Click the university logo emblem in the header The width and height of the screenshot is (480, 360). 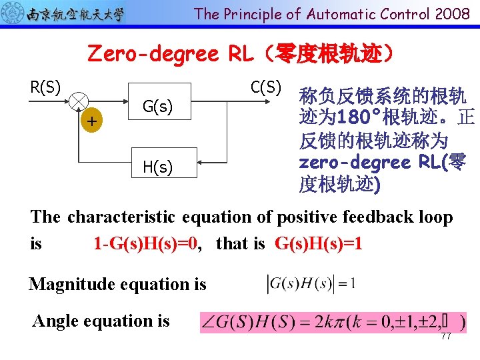(x=13, y=13)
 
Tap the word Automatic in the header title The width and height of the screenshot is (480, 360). (x=343, y=13)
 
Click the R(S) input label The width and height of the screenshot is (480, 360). (x=46, y=87)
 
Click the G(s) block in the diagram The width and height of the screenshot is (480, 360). (x=158, y=105)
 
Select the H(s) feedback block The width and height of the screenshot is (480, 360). (x=158, y=167)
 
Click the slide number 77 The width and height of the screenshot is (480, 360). (x=446, y=337)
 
